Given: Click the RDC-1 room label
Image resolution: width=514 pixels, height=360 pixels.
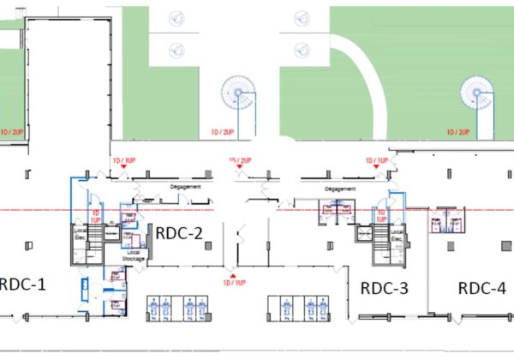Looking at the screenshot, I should point(23,284).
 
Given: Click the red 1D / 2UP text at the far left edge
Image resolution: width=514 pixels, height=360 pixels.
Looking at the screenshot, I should point(12,133).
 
